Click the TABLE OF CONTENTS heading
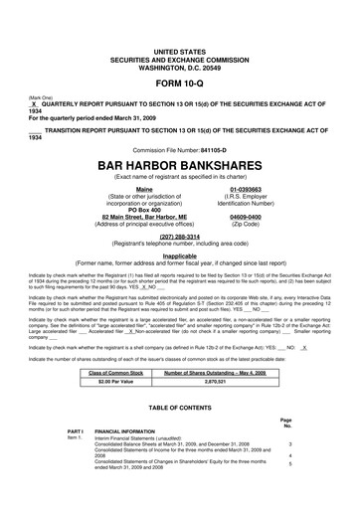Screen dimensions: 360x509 click(x=179, y=409)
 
